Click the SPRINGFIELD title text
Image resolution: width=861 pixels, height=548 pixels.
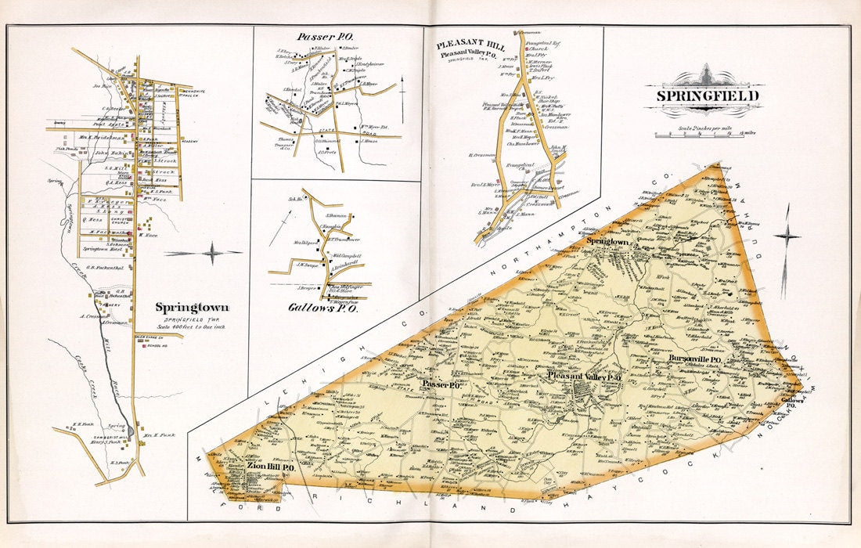[x=704, y=96]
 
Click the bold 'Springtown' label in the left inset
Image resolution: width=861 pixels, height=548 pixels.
[x=186, y=308]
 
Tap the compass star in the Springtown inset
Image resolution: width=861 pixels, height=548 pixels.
[x=212, y=253]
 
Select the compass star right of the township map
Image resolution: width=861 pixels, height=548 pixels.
[x=787, y=236]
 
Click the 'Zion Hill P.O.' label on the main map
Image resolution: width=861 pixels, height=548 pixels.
[x=270, y=467]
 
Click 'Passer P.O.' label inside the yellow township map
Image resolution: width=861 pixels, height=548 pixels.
[x=441, y=384]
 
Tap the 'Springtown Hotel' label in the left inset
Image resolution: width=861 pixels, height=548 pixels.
[x=99, y=248]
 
